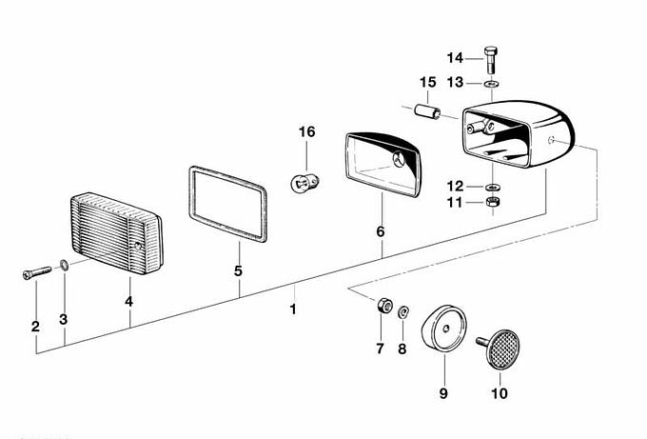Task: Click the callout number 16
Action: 306,132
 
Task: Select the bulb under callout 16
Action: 304,183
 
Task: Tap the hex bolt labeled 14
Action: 490,60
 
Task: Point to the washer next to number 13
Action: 491,84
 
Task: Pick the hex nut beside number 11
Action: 491,202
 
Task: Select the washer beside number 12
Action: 491,187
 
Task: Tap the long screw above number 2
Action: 37,272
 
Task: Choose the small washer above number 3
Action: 65,265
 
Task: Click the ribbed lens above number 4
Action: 117,233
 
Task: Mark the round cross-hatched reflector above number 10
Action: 502,349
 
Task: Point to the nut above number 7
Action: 384,305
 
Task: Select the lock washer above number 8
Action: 402,311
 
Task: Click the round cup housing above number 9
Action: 444,329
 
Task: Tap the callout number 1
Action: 293,309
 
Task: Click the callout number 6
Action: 380,231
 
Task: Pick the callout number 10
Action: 500,393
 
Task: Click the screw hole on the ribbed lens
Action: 138,247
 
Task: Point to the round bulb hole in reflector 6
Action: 399,159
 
